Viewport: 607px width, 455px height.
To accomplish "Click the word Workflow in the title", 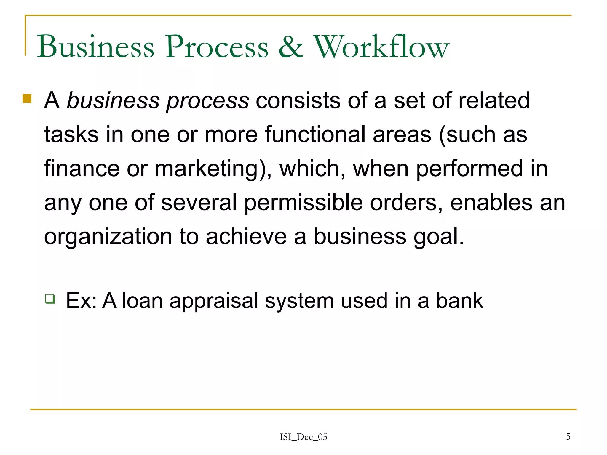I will click(381, 47).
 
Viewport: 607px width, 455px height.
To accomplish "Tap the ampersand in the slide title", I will click(291, 47).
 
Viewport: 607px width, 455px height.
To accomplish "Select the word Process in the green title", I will click(217, 47).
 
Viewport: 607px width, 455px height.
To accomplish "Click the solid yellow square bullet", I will click(27, 98).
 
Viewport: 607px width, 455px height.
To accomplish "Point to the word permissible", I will click(303, 203).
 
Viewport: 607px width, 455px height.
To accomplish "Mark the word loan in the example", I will click(142, 300).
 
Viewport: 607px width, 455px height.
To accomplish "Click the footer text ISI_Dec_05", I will click(303, 437).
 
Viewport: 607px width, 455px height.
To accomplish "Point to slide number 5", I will click(568, 436).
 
